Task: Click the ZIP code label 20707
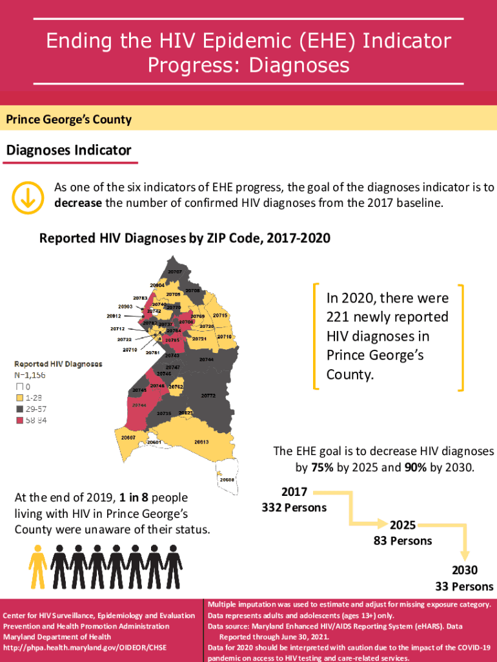point(174,272)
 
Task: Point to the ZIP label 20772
point(208,395)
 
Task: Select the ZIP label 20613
point(201,442)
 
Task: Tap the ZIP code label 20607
point(128,438)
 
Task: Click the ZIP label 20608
point(227,480)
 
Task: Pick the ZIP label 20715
point(220,315)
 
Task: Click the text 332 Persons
point(294,507)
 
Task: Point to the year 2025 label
point(402,525)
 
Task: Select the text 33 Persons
point(463,586)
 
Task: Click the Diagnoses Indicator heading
point(68,151)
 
